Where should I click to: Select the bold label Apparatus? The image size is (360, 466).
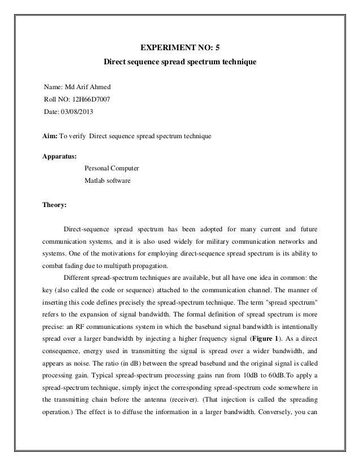pos(60,156)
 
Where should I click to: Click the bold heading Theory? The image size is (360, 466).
pos(55,206)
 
